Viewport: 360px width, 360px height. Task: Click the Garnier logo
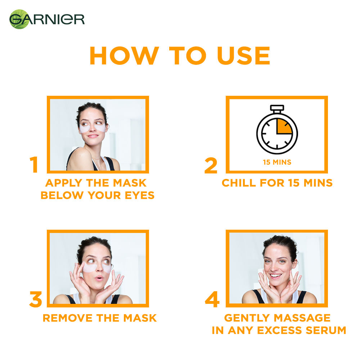pos(47,19)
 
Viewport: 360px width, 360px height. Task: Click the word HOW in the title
pos(124,55)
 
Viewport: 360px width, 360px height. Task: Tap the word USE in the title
pos(243,55)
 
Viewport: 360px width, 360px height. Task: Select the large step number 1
pos(34,165)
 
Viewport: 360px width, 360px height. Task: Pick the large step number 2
pos(211,165)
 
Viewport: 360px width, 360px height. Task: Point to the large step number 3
pos(36,299)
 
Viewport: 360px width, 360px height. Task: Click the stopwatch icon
pos(277,129)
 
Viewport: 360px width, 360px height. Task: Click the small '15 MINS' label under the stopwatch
pos(277,162)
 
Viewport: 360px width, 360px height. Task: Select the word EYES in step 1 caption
pos(140,195)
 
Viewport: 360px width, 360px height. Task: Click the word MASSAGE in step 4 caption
pos(302,318)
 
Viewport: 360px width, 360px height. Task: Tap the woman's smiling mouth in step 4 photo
pos(275,275)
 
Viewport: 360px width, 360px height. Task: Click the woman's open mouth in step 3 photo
pos(99,278)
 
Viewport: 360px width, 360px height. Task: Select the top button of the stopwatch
pos(277,108)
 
